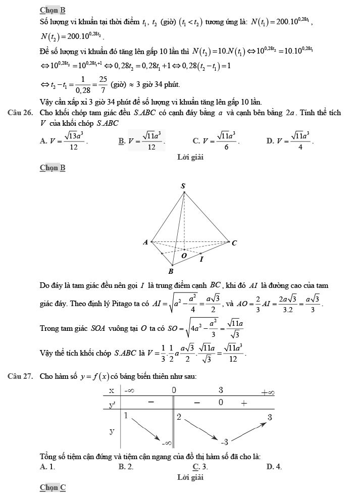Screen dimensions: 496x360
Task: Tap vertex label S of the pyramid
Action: [x=183, y=187]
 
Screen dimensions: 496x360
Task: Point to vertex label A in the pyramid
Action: [x=145, y=242]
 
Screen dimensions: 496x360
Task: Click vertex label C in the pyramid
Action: [x=234, y=243]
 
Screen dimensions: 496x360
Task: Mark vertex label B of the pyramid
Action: [x=171, y=271]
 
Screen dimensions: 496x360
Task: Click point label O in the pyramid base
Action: [x=184, y=256]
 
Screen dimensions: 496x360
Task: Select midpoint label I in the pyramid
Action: [x=201, y=259]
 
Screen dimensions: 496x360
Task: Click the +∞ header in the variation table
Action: [x=267, y=392]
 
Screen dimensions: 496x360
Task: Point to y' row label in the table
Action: [x=113, y=405]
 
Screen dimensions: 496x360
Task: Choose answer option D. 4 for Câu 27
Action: [x=274, y=467]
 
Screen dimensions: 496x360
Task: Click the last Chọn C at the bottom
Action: [x=53, y=487]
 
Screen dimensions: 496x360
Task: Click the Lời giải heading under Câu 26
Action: [x=190, y=157]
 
